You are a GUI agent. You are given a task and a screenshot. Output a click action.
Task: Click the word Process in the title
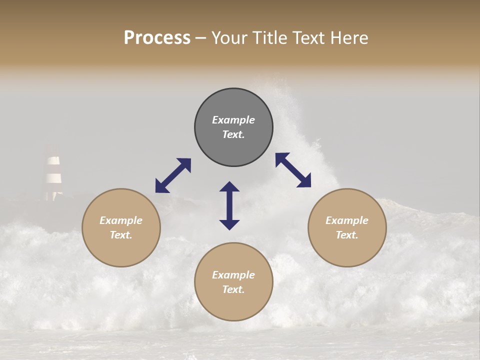[157, 38]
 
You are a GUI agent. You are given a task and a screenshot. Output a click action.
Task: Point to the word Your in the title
[229, 38]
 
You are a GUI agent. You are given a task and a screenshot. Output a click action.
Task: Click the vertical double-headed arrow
[229, 205]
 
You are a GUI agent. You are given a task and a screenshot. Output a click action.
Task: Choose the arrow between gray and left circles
[173, 175]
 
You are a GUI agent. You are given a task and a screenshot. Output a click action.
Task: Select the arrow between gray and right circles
[293, 170]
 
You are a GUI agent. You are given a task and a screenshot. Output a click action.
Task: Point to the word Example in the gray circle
[233, 120]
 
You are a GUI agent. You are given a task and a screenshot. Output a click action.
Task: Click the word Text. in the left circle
[121, 235]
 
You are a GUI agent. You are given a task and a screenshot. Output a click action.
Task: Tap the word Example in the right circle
[347, 220]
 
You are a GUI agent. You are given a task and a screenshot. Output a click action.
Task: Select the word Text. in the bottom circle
[233, 289]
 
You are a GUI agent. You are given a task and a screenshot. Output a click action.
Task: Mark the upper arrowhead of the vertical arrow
[229, 186]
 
